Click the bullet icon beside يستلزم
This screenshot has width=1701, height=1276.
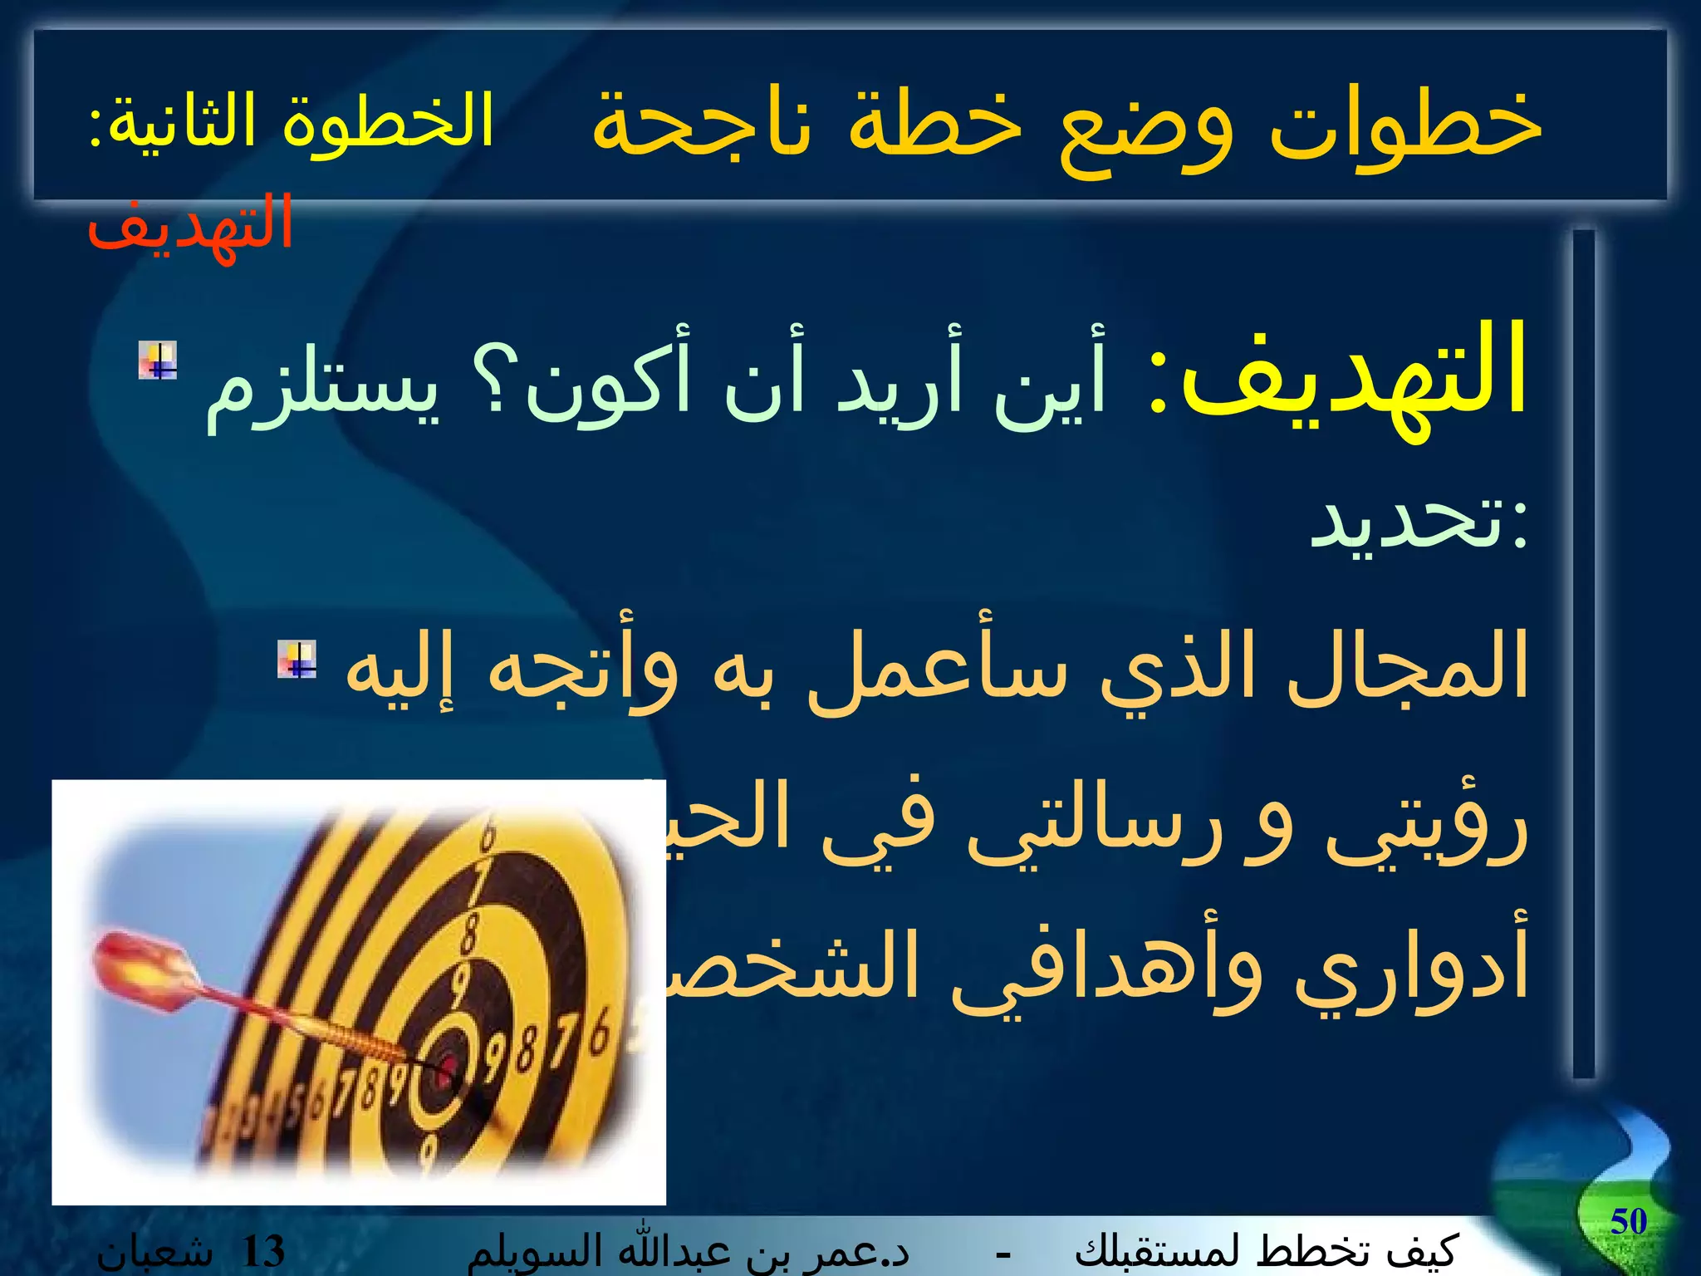[158, 361]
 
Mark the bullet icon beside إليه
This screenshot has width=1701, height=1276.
[297, 660]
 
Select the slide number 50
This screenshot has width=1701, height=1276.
[1628, 1221]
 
